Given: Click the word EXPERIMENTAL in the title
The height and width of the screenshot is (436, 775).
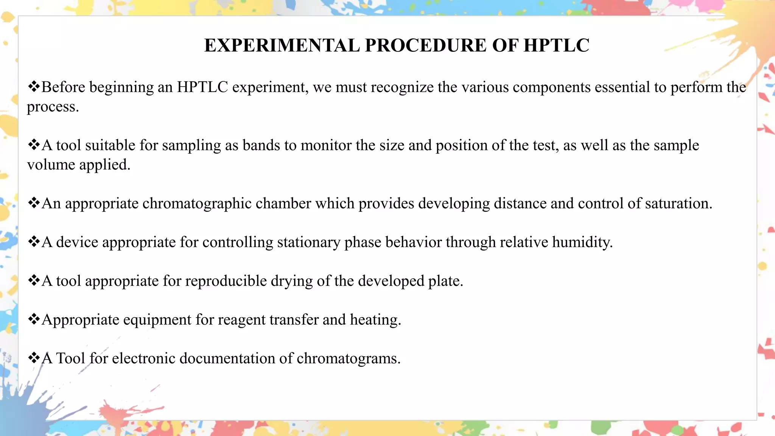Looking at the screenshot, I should click(x=282, y=45).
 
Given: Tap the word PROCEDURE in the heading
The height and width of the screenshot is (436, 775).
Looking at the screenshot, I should click(x=425, y=45).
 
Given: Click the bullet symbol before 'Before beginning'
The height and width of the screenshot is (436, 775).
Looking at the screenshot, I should click(x=34, y=87).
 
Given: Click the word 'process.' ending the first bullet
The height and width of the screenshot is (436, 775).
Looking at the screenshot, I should click(x=53, y=107).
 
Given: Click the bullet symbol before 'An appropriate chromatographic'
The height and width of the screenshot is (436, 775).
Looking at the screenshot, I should click(x=34, y=203).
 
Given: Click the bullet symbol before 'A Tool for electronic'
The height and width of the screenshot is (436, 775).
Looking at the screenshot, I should click(x=34, y=358).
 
